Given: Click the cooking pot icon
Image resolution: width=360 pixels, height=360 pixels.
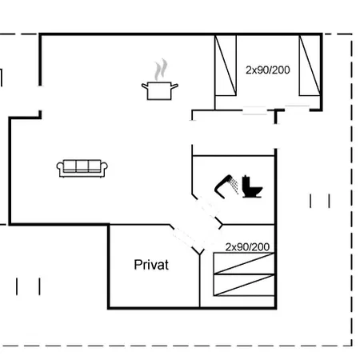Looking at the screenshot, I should [x=159, y=90].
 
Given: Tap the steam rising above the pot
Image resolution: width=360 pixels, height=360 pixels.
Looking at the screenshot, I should [x=161, y=69].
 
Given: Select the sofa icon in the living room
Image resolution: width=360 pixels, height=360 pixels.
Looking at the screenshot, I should [x=82, y=168].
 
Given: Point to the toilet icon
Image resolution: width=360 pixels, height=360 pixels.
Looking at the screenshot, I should [x=252, y=188].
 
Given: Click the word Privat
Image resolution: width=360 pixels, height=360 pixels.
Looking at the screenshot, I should [x=151, y=265].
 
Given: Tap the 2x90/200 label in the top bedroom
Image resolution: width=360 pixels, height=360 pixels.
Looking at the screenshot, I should [x=267, y=70].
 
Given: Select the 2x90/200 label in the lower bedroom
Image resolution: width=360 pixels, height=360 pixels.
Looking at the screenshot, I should [x=247, y=246].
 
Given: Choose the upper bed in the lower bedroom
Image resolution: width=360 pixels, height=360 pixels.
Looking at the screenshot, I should [x=244, y=263].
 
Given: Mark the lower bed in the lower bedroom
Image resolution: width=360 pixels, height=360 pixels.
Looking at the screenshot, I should [x=244, y=285].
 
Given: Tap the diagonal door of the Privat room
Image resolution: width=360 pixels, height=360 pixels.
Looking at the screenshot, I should [x=184, y=237].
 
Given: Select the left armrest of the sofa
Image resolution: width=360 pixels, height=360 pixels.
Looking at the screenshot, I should [x=60, y=167].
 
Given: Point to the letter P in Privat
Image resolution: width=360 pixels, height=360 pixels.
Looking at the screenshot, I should [x=138, y=265].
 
